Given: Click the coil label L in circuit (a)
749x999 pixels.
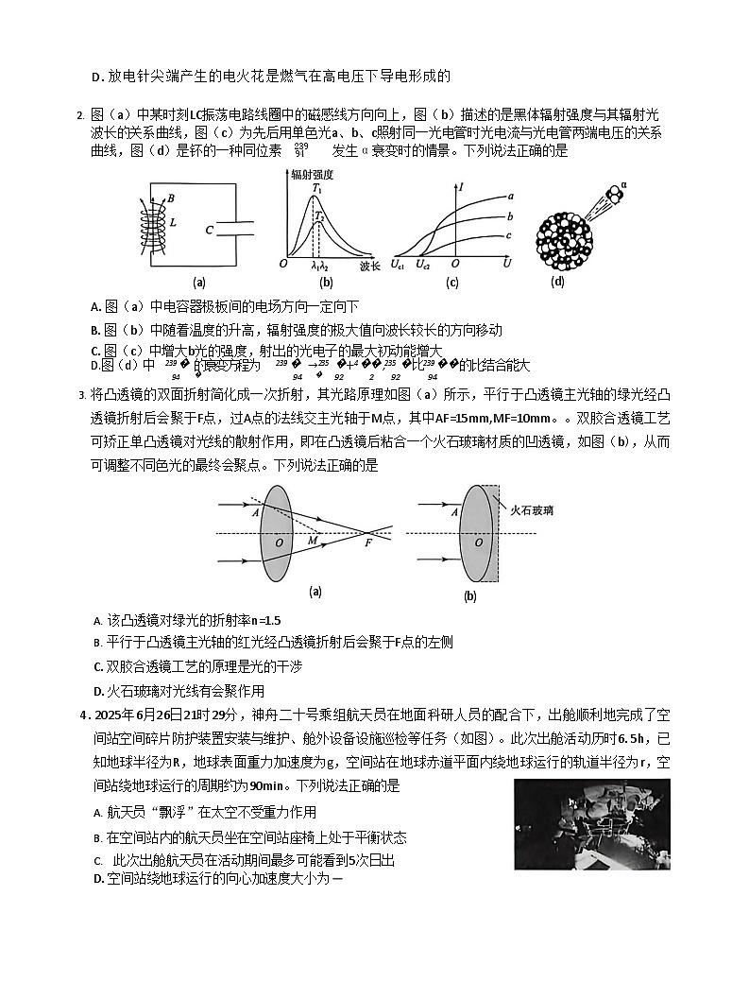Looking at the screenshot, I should (x=173, y=222).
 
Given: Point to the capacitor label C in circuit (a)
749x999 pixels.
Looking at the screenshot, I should (x=210, y=229).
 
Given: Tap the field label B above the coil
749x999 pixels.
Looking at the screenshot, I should (x=170, y=198).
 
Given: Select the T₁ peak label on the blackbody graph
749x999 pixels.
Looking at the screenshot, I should (x=317, y=187).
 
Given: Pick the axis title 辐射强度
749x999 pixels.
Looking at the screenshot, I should (x=315, y=174).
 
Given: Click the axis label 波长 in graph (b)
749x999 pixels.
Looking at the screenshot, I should (x=370, y=267).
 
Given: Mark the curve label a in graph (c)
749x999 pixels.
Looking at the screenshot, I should (x=509, y=196).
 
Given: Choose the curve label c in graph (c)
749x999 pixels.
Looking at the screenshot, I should (x=509, y=235).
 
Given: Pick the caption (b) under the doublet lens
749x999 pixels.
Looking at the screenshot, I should (x=469, y=597).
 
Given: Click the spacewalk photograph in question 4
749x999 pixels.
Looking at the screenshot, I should (x=592, y=824).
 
